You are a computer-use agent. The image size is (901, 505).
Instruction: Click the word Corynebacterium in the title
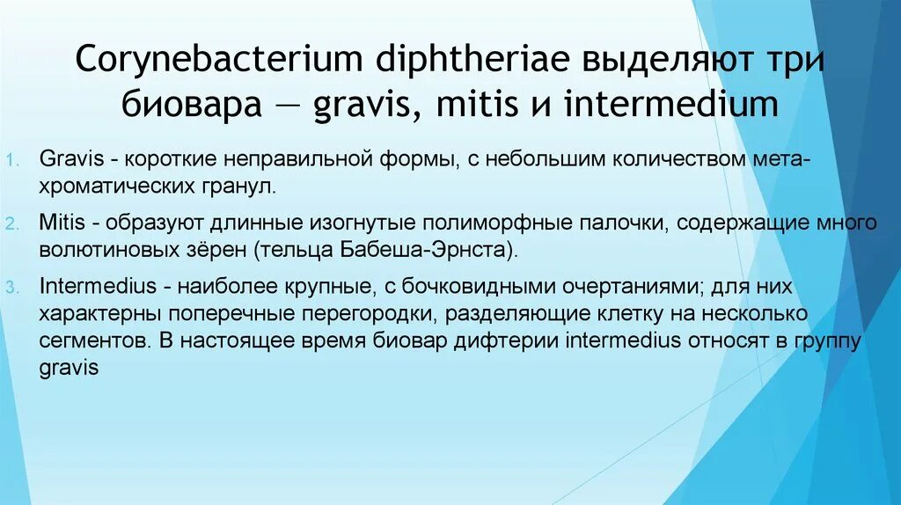pos(219,59)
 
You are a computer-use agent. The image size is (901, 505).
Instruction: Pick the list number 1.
pos(12,160)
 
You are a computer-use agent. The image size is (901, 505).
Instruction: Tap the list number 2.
pos(12,223)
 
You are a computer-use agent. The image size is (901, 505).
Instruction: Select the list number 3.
pos(12,288)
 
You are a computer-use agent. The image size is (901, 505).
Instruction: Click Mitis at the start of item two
pos(62,223)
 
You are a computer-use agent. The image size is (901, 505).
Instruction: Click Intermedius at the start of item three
pos(98,286)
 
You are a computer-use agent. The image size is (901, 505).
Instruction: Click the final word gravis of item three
pos(69,368)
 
